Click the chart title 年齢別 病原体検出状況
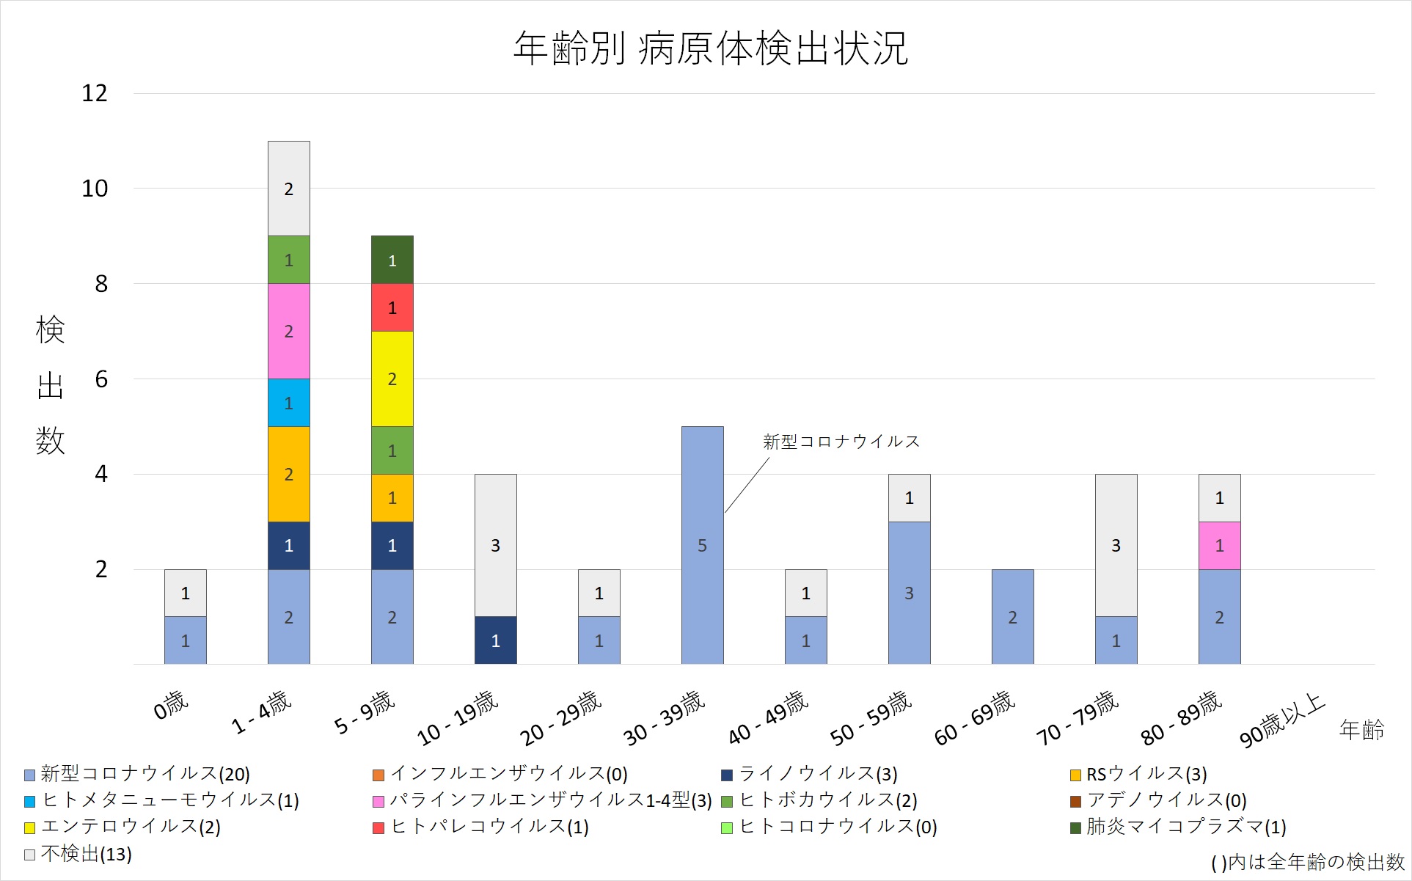click(710, 48)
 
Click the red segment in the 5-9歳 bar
click(392, 307)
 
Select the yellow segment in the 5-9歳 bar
click(392, 379)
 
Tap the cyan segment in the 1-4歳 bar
click(288, 403)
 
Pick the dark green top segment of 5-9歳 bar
click(392, 260)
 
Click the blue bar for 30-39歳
click(702, 545)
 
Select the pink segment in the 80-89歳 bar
click(1219, 545)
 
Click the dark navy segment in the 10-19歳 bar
click(495, 640)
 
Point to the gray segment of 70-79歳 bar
click(1116, 545)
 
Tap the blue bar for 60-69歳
click(1012, 617)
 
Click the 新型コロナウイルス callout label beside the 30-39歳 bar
click(841, 442)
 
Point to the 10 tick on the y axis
click(95, 189)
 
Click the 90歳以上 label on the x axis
click(1281, 720)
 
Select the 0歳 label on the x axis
click(171, 706)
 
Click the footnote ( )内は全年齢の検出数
click(1307, 862)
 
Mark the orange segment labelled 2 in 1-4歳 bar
click(288, 474)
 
